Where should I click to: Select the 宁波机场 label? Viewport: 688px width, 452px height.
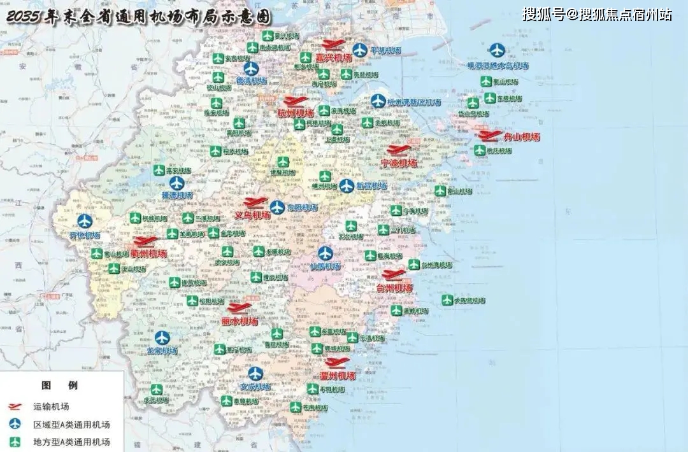coord(399,163)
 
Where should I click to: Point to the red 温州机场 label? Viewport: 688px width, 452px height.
coord(338,376)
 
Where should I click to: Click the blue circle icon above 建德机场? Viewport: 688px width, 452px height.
coord(176,183)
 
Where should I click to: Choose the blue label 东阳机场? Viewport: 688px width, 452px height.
coord(302,208)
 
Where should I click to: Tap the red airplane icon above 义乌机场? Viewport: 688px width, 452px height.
coord(255,202)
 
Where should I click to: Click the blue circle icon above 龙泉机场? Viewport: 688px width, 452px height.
coord(162,338)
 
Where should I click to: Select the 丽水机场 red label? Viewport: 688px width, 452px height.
coord(240,321)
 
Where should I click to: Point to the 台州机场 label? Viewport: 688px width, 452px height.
coord(395,288)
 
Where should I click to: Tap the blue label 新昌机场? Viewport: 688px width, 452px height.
coord(371,186)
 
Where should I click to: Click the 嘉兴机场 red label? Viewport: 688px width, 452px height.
coord(334,58)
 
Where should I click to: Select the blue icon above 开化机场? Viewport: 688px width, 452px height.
coord(85,222)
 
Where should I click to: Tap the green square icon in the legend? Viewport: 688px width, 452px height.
coord(15,441)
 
